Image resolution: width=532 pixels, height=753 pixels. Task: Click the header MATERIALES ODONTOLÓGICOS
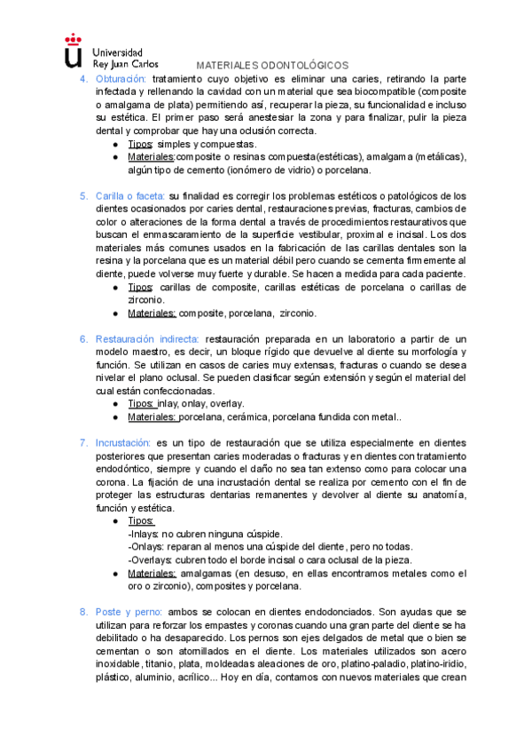272,66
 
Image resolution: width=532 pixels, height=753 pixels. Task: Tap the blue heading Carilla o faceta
129,196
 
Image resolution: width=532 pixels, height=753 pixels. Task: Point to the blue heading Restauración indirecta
146,339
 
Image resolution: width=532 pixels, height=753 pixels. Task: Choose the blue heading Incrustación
123,442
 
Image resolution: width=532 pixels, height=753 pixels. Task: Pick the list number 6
83,339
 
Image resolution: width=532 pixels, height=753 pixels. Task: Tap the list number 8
83,612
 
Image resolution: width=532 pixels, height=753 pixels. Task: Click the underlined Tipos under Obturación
141,144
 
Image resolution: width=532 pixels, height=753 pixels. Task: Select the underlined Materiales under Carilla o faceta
153,313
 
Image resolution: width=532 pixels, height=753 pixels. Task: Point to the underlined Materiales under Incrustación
152,574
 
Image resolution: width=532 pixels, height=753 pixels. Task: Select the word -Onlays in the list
145,547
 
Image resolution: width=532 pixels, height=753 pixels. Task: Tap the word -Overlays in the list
150,560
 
